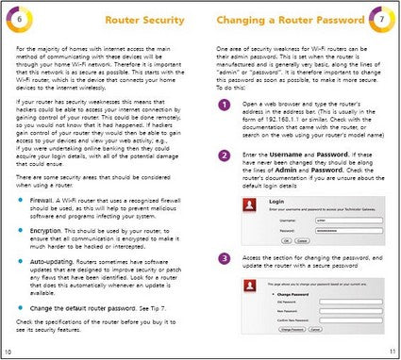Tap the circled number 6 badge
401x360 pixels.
click(21, 19)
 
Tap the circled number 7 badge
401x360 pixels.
click(380, 19)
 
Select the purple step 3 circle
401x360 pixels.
click(223, 257)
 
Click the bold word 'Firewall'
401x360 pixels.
click(44, 200)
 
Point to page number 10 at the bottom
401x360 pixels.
click(8, 352)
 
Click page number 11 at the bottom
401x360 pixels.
click(392, 352)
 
